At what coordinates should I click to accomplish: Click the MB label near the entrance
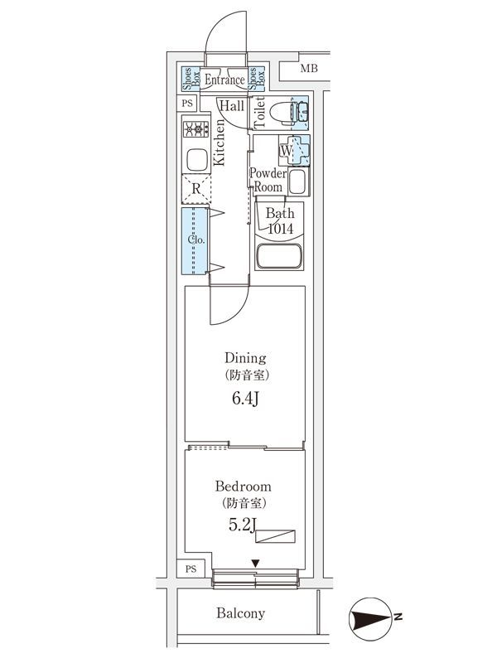(x=309, y=68)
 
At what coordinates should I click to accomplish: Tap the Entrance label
(x=224, y=79)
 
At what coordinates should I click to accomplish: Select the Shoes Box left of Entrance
(x=191, y=79)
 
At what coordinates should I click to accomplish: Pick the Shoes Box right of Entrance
(x=257, y=79)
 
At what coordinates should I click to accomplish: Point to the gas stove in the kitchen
(x=195, y=129)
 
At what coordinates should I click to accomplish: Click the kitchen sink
(x=196, y=160)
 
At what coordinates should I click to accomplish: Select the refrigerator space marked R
(x=196, y=189)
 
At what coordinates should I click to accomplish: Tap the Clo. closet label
(x=196, y=240)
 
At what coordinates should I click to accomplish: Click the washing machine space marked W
(x=294, y=150)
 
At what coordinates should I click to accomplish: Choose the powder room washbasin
(x=299, y=181)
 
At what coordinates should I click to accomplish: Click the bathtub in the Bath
(x=279, y=256)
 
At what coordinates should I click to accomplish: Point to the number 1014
(x=281, y=229)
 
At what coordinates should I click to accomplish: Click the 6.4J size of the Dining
(x=245, y=399)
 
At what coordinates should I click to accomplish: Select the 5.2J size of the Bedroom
(x=243, y=525)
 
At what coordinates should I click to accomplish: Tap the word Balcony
(x=240, y=612)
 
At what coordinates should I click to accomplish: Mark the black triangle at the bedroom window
(x=255, y=564)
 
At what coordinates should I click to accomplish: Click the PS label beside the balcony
(x=191, y=569)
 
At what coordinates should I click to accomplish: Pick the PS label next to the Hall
(x=187, y=103)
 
